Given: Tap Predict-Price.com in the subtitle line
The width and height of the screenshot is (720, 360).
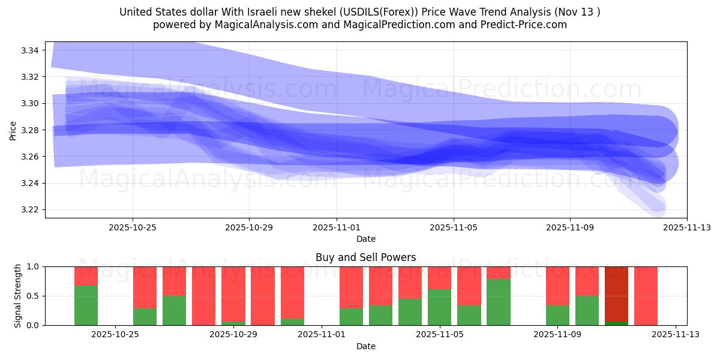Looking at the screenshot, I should pyautogui.click(x=520, y=25).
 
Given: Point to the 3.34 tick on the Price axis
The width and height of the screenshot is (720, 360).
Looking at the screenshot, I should pyautogui.click(x=29, y=50).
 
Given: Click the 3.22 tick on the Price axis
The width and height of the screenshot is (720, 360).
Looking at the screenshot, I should pyautogui.click(x=29, y=209).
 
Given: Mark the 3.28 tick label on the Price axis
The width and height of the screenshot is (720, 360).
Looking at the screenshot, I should pyautogui.click(x=29, y=130).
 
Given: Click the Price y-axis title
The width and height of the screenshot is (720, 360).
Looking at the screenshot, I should pyautogui.click(x=13, y=130).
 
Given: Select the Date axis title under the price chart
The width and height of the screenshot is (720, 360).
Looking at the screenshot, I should pyautogui.click(x=365, y=239).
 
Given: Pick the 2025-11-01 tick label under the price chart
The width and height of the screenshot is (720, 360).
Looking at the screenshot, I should pyautogui.click(x=337, y=227).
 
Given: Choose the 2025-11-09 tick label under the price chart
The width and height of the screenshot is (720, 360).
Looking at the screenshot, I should pyautogui.click(x=569, y=227).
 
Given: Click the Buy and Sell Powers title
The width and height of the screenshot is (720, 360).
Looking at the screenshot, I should pyautogui.click(x=365, y=257).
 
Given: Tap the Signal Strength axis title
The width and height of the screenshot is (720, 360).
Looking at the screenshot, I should pyautogui.click(x=18, y=295).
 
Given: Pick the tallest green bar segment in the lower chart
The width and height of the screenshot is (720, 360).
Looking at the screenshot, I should pyautogui.click(x=498, y=302).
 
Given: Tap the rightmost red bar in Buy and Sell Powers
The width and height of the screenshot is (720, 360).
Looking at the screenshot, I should pyautogui.click(x=646, y=296).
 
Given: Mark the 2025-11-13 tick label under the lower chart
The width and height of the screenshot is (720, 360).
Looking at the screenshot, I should pyautogui.click(x=676, y=335).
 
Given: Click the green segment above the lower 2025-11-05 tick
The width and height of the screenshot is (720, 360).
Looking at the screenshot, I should pyautogui.click(x=439, y=307).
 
